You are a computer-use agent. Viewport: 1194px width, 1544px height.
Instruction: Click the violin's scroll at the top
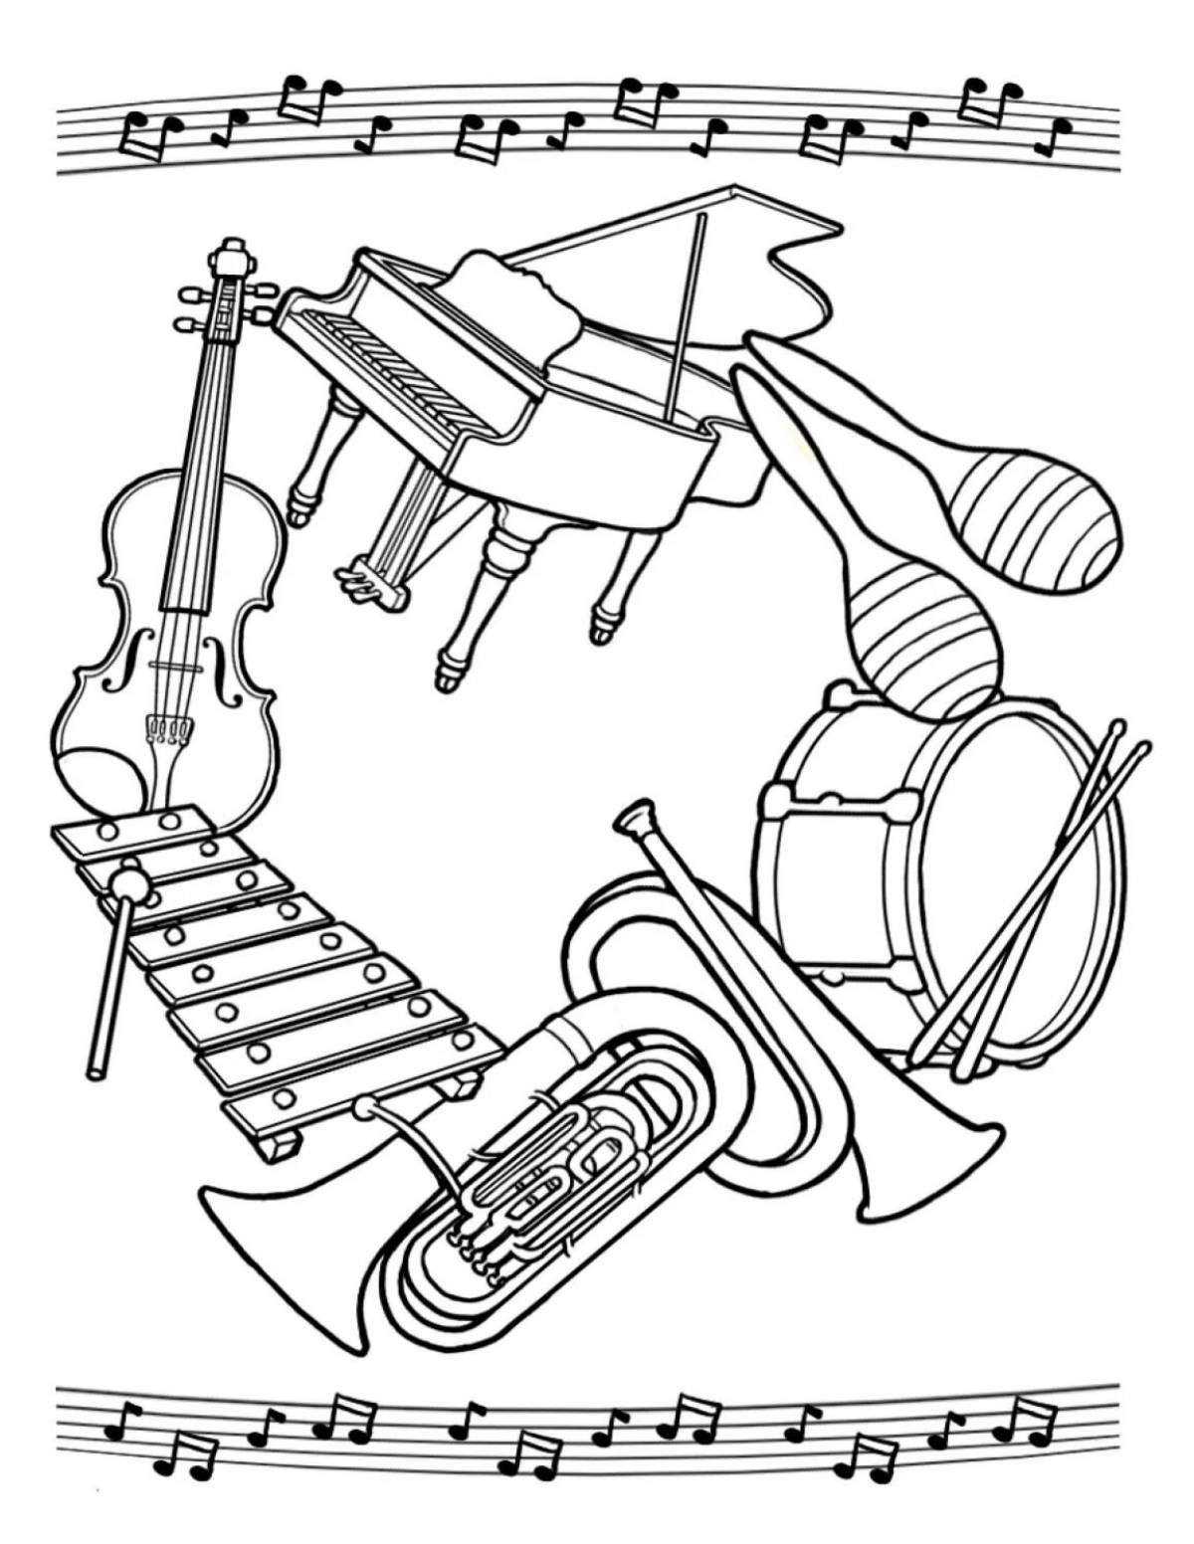231,257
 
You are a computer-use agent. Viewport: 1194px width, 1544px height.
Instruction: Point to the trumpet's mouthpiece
630,818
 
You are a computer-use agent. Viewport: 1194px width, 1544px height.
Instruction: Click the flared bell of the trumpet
925,1164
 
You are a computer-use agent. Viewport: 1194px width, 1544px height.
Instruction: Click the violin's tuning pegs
189,308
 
